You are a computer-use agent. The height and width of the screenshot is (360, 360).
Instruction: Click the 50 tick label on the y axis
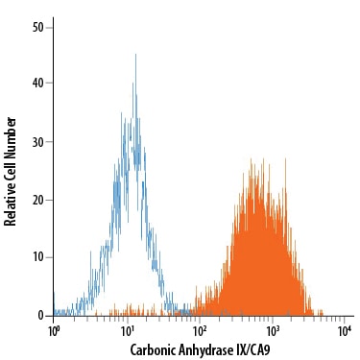click(x=37, y=28)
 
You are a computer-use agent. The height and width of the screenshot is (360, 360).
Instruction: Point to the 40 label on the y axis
click(x=37, y=84)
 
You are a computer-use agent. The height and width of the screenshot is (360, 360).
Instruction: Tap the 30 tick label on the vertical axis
click(x=37, y=142)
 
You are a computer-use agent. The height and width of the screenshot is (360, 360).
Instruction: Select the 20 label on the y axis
click(x=37, y=200)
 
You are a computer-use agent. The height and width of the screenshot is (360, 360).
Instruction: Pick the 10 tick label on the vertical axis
click(x=37, y=257)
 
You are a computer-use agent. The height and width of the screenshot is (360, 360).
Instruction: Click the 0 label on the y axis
click(x=40, y=316)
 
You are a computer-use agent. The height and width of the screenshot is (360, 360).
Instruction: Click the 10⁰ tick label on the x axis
click(x=54, y=331)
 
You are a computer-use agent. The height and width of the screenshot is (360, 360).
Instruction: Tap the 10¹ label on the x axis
click(x=128, y=331)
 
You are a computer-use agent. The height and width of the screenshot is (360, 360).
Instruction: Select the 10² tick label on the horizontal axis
click(x=200, y=331)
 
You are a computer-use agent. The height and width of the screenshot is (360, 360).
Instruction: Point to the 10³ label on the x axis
click(x=273, y=331)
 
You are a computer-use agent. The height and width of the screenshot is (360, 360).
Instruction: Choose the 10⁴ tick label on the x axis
click(x=345, y=331)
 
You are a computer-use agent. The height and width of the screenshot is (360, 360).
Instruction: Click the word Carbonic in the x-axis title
click(x=150, y=349)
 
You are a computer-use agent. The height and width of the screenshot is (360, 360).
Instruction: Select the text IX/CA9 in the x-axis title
click(x=252, y=349)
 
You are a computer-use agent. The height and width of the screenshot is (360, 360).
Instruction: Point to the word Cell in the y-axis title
click(x=11, y=167)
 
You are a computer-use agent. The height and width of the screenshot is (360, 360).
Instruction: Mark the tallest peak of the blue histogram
click(x=135, y=54)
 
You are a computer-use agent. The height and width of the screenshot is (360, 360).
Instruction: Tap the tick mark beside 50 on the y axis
click(x=49, y=28)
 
